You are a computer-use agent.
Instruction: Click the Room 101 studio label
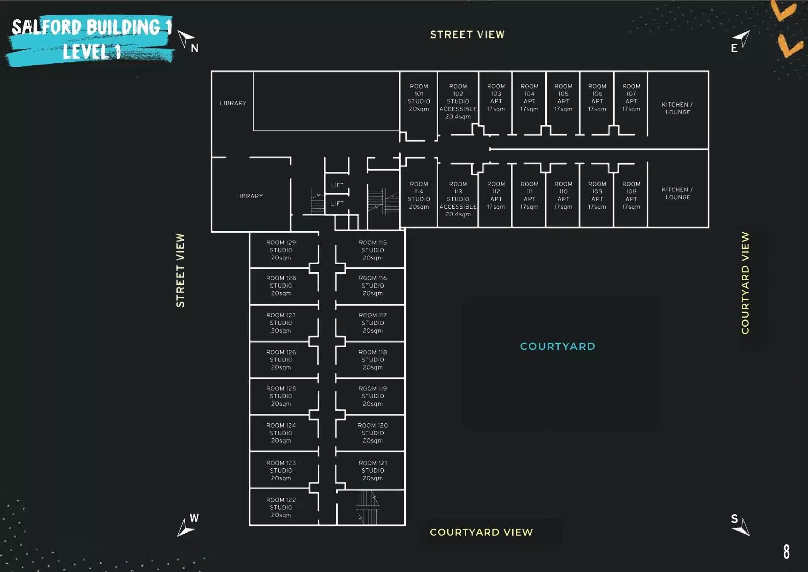[419, 97]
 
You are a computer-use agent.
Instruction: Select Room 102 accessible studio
[458, 101]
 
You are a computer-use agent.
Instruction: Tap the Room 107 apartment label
[631, 97]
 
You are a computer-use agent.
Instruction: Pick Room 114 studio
[419, 195]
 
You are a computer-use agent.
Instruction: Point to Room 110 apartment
[563, 195]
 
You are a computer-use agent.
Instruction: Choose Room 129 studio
[281, 250]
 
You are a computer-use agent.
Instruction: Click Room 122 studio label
[281, 507]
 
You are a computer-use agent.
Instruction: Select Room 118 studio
[373, 360]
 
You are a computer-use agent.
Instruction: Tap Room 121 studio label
[373, 470]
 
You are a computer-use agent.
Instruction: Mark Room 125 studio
[281, 396]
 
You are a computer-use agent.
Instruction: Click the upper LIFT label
[337, 185]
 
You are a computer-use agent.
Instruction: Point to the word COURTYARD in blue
[557, 346]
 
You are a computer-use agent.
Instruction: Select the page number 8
[786, 551]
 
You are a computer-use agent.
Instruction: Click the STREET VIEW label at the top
[467, 35]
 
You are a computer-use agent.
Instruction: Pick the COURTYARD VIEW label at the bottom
[481, 532]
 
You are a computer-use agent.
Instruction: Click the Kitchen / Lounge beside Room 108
[677, 193]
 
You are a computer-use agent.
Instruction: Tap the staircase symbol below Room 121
[368, 507]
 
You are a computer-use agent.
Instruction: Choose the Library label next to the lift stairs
[249, 196]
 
